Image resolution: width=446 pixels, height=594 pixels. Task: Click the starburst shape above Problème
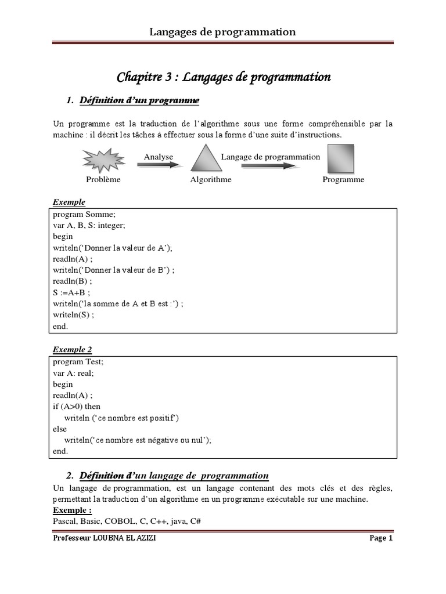103,159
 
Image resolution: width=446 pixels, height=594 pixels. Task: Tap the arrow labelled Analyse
159,165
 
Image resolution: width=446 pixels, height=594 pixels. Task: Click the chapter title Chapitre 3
224,77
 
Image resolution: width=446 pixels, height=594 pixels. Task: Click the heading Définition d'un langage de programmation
174,476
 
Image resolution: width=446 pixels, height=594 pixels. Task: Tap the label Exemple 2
73,350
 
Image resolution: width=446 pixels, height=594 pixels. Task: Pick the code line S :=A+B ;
71,292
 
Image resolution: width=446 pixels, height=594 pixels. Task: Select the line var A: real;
73,373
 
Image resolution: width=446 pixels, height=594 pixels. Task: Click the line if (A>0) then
76,407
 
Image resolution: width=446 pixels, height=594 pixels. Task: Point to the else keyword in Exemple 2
60,429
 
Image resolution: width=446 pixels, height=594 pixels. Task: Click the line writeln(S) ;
73,315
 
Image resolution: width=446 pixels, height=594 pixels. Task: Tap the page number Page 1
381,538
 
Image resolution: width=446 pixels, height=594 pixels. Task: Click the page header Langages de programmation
223,32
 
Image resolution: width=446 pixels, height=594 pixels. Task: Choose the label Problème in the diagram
103,180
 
